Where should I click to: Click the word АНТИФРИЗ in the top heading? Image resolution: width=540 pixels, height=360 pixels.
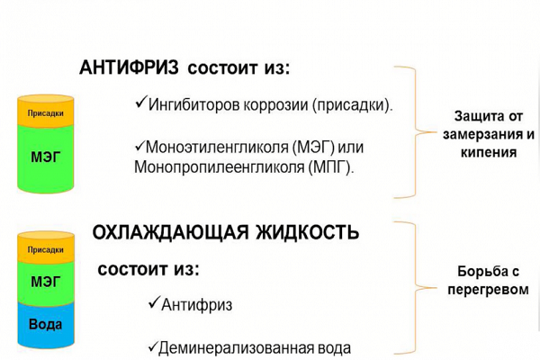coord(129,67)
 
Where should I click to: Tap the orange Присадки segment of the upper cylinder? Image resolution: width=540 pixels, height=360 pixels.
coord(46,111)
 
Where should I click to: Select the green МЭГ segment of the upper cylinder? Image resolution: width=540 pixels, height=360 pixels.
coord(46,157)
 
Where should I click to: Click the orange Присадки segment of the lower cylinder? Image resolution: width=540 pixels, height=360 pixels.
coord(46,247)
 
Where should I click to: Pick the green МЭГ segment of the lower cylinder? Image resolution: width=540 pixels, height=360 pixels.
coord(46,283)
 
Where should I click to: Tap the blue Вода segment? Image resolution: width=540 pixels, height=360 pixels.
coord(46,325)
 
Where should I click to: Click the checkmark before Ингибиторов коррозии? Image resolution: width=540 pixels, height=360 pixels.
coord(141,102)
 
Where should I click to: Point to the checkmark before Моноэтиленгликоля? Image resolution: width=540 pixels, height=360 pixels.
coord(139,146)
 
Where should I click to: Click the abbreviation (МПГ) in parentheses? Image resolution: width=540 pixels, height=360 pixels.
coord(331,167)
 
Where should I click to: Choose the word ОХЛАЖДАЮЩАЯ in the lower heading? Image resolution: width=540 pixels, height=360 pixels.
coord(170,232)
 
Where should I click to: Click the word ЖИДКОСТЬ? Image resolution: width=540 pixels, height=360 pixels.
coord(307,232)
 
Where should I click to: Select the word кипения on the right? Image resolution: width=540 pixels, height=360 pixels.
coord(489,152)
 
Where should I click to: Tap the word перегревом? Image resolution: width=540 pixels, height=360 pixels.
coord(489,289)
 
